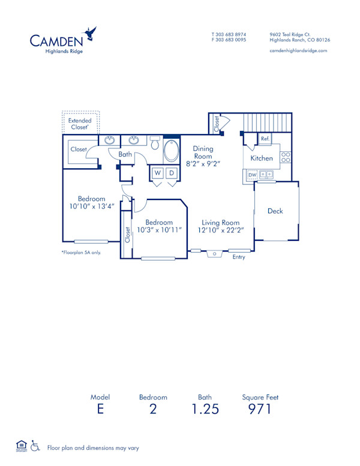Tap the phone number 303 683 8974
click(x=230, y=34)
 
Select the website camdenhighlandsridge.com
click(x=299, y=51)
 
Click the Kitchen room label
click(x=262, y=159)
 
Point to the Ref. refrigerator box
click(x=265, y=139)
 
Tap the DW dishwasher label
click(x=251, y=175)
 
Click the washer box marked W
click(x=158, y=173)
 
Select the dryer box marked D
click(x=172, y=173)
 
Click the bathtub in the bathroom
click(x=172, y=151)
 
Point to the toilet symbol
click(x=155, y=144)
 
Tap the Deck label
click(x=275, y=211)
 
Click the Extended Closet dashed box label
click(x=80, y=124)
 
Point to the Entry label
click(x=239, y=257)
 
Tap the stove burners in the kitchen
click(x=286, y=157)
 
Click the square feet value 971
click(x=260, y=410)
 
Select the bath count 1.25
click(x=205, y=410)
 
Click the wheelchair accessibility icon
click(x=35, y=446)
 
